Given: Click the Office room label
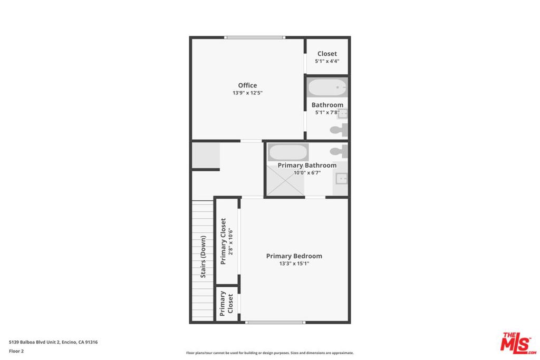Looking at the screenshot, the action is (x=247, y=85).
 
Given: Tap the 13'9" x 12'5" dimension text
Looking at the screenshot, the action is (x=247, y=93).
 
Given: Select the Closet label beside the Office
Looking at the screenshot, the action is (x=327, y=54).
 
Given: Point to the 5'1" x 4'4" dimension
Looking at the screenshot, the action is (x=327, y=61).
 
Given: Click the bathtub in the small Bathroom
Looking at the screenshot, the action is (x=327, y=87).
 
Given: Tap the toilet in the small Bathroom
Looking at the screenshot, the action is (x=339, y=130).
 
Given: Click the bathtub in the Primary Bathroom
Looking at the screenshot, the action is (x=288, y=152).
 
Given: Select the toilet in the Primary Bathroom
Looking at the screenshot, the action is (x=339, y=151).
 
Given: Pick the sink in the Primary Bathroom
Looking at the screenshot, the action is (x=342, y=179).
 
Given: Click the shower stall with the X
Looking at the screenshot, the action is (x=285, y=180).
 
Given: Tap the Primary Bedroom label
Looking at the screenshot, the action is (x=294, y=256).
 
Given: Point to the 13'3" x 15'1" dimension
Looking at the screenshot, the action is (x=294, y=264).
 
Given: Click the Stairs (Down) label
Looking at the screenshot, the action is (x=203, y=256).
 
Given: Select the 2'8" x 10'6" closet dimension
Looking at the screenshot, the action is (x=231, y=241).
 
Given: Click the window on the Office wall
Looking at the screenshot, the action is (x=255, y=37).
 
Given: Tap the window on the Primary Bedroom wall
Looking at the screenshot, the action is (x=275, y=323).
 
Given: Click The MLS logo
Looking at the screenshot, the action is (x=518, y=343).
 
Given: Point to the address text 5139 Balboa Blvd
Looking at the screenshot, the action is (x=34, y=342).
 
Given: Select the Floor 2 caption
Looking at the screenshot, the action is (x=16, y=352).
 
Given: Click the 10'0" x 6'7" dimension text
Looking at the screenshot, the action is (x=307, y=173).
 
